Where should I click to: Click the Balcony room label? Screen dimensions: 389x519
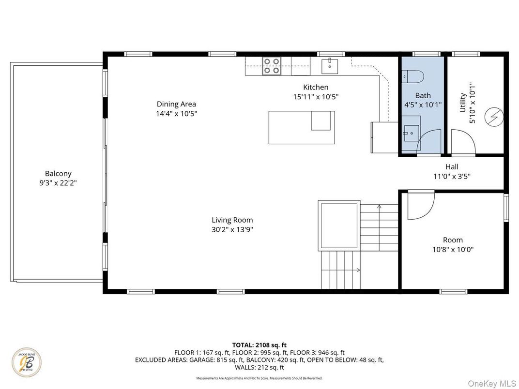[x=58, y=173]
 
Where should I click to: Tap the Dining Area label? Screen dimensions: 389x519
[x=176, y=104]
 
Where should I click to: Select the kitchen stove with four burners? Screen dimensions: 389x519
[x=272, y=66]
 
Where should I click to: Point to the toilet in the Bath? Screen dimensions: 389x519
[x=414, y=76]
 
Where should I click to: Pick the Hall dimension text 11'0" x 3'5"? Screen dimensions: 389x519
[x=452, y=177]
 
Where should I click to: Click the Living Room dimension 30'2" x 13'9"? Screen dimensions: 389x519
[x=232, y=229]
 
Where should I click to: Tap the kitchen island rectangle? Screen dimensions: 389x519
[x=301, y=127]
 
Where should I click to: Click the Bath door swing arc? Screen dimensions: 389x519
[x=428, y=142]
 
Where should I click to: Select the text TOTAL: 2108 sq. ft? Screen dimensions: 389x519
[x=259, y=345]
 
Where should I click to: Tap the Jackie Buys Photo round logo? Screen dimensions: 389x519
[x=27, y=362]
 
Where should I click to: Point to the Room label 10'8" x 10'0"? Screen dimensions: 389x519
[x=453, y=250]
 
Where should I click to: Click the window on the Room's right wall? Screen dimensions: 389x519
[x=506, y=210]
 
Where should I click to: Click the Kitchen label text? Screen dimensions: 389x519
[x=316, y=87]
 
